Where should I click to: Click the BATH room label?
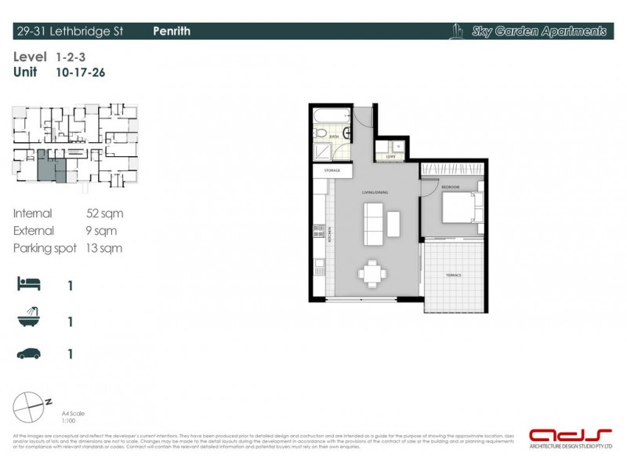[x=334, y=137]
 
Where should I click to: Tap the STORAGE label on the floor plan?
[x=332, y=170]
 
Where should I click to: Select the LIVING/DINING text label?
[x=375, y=192]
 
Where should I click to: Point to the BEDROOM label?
[x=450, y=188]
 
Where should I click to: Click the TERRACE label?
[x=454, y=276]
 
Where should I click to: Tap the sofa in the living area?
[x=373, y=224]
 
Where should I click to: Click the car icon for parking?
[x=29, y=354]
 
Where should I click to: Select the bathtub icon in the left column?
[x=28, y=319]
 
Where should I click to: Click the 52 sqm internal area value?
[x=104, y=214]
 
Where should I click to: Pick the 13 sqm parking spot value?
[x=104, y=248]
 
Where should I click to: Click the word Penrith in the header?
[x=172, y=31]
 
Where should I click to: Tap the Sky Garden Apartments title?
[x=538, y=32]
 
